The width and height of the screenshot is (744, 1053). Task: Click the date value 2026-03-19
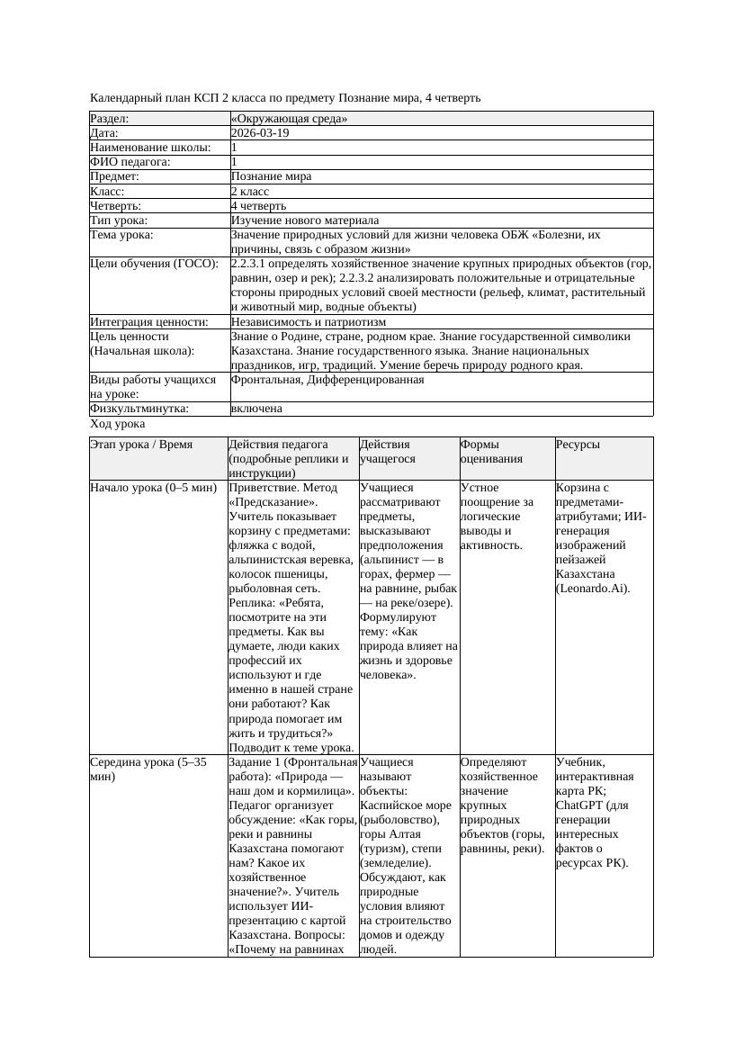(260, 133)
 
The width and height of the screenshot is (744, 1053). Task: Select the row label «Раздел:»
(110, 119)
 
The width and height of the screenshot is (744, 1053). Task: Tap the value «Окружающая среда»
(289, 119)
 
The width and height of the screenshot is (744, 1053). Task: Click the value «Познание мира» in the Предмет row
(271, 176)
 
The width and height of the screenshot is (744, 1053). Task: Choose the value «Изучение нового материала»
(304, 220)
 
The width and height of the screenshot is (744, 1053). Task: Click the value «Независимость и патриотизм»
(308, 321)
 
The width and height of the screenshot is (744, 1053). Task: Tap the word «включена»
(256, 409)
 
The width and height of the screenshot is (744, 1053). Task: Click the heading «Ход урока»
(118, 424)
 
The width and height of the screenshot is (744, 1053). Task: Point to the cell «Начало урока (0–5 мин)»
(153, 488)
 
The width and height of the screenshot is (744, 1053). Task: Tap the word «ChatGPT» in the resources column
(578, 805)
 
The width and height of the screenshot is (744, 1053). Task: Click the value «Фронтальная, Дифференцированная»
(327, 380)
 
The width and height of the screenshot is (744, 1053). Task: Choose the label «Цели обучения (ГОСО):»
(154, 264)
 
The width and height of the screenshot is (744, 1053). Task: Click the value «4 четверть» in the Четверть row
(258, 206)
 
